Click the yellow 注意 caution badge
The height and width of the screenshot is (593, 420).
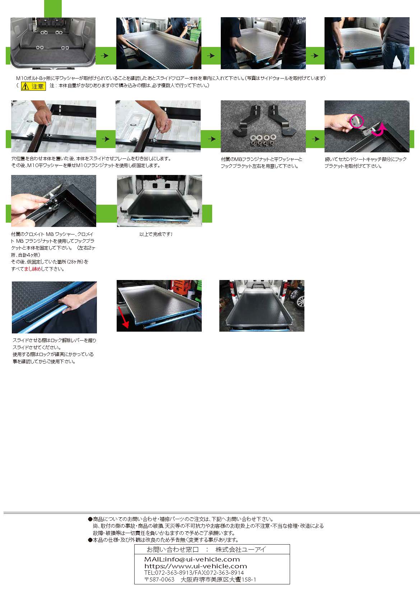[33, 86]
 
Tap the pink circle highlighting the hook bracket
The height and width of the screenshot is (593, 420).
[356, 121]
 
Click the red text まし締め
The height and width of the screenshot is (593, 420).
[33, 269]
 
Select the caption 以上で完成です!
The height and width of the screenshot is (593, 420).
[156, 234]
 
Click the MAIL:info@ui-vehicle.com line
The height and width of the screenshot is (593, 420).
[192, 559]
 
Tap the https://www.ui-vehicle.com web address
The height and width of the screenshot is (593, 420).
[196, 566]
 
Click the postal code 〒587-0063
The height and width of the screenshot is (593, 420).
[159, 579]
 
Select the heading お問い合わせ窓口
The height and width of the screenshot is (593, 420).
[173, 550]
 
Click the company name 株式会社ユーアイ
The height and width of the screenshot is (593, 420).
[241, 550]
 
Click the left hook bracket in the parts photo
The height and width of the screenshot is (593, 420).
[247, 119]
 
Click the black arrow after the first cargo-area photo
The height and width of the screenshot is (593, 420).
[105, 56]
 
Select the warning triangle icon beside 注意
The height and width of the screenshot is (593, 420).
[26, 86]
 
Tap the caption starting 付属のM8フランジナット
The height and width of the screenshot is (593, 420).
[261, 162]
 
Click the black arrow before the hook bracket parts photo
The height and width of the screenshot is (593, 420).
[211, 139]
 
